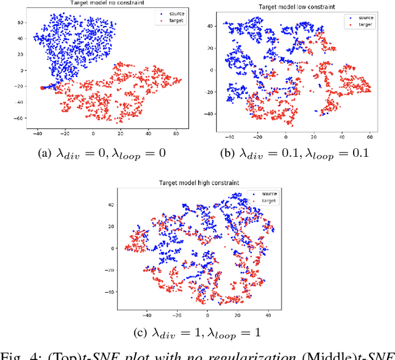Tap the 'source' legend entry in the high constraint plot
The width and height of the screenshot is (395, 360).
click(267, 193)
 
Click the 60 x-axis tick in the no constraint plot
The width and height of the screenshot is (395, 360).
click(175, 133)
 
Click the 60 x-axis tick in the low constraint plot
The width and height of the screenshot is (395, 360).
click(370, 135)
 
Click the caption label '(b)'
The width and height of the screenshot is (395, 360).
click(235, 153)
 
